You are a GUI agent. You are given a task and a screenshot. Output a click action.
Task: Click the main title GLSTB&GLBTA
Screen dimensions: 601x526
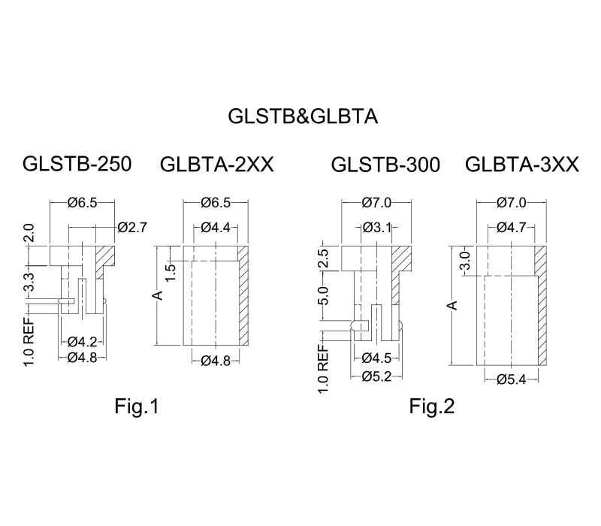click(x=303, y=116)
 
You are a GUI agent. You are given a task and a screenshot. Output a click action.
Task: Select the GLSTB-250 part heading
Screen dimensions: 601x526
click(x=77, y=164)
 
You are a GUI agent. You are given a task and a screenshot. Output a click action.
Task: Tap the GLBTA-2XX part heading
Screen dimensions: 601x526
click(x=217, y=165)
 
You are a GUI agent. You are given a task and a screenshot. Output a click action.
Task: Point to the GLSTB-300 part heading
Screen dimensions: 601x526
click(x=385, y=165)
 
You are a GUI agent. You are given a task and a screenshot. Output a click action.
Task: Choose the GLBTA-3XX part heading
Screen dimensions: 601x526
click(x=521, y=165)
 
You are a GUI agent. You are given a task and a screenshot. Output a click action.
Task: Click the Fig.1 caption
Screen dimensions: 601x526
click(x=137, y=406)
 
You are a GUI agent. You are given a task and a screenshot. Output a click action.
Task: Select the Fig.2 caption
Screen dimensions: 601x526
click(x=432, y=406)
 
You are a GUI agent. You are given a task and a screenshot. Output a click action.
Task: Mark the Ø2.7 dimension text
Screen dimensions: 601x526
click(x=133, y=228)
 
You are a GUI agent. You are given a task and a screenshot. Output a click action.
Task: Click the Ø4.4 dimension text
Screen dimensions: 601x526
click(x=216, y=228)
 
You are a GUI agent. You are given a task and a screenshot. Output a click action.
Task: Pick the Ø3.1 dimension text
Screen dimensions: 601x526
click(x=377, y=228)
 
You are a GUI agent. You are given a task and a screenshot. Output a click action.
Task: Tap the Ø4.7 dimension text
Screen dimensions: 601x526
click(x=512, y=228)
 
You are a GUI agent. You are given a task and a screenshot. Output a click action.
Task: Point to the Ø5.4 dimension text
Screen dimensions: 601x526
click(x=512, y=379)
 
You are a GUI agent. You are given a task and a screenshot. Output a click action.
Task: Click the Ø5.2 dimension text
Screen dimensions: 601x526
click(x=377, y=376)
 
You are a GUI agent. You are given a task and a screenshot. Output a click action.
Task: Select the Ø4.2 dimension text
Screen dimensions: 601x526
click(x=83, y=341)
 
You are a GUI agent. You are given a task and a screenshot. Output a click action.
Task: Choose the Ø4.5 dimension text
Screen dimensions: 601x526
click(x=377, y=358)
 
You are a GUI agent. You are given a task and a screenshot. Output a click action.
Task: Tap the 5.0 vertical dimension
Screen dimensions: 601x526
click(x=324, y=295)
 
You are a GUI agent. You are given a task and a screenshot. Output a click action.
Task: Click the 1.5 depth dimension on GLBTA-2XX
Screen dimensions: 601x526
click(x=171, y=273)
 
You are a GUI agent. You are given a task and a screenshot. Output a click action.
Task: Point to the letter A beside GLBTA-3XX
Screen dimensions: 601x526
click(x=454, y=305)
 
